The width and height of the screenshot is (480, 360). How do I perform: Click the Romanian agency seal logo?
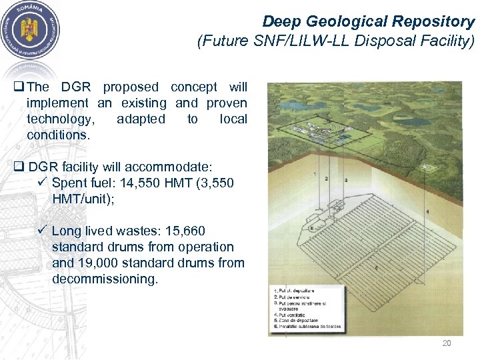click(x=31, y=31)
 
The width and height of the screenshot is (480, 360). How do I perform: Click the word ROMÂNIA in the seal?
click(x=31, y=9)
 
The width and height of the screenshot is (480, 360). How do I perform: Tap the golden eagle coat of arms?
click(x=31, y=31)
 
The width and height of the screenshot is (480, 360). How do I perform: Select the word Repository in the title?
click(x=437, y=22)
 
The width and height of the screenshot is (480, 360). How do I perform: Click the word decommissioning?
click(x=105, y=279)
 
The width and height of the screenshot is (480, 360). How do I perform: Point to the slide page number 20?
click(x=447, y=343)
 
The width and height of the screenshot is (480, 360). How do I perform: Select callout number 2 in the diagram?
click(x=326, y=179)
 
